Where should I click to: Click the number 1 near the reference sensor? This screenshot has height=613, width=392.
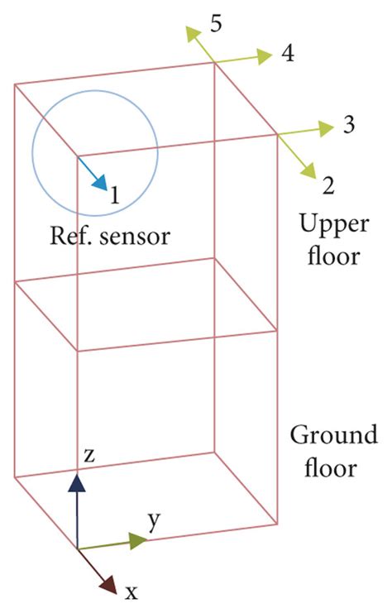115,195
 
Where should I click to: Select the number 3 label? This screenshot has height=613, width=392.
348,127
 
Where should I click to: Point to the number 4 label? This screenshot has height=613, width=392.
287,55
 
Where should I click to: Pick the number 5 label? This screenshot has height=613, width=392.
215,23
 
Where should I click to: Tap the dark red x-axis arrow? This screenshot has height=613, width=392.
96,571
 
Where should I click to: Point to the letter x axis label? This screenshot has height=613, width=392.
131,591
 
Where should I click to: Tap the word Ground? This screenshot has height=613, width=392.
333,435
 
